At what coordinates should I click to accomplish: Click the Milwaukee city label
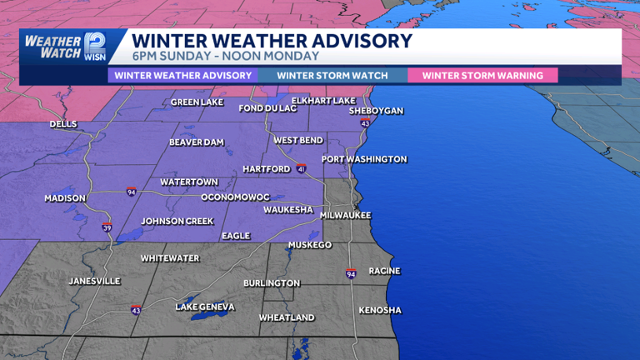[x=345, y=215]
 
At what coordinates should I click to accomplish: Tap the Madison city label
[x=65, y=198]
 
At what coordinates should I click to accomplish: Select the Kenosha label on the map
[x=380, y=311]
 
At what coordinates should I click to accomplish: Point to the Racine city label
[x=384, y=271]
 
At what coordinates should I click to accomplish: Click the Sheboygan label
[x=376, y=111]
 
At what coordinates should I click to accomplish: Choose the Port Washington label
[x=364, y=159]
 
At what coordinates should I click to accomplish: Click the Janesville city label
[x=94, y=281]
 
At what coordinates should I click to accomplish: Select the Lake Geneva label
[x=205, y=307]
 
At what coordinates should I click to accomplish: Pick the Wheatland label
[x=287, y=317]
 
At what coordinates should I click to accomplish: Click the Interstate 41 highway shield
[x=301, y=168]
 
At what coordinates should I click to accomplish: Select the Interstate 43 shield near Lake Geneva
[x=136, y=310]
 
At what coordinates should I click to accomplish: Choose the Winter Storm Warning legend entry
[x=482, y=76]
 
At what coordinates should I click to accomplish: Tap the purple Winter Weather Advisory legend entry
[x=183, y=76]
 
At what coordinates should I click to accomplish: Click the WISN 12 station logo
[x=93, y=47]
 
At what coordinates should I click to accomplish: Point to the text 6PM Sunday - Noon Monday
[x=225, y=57]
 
